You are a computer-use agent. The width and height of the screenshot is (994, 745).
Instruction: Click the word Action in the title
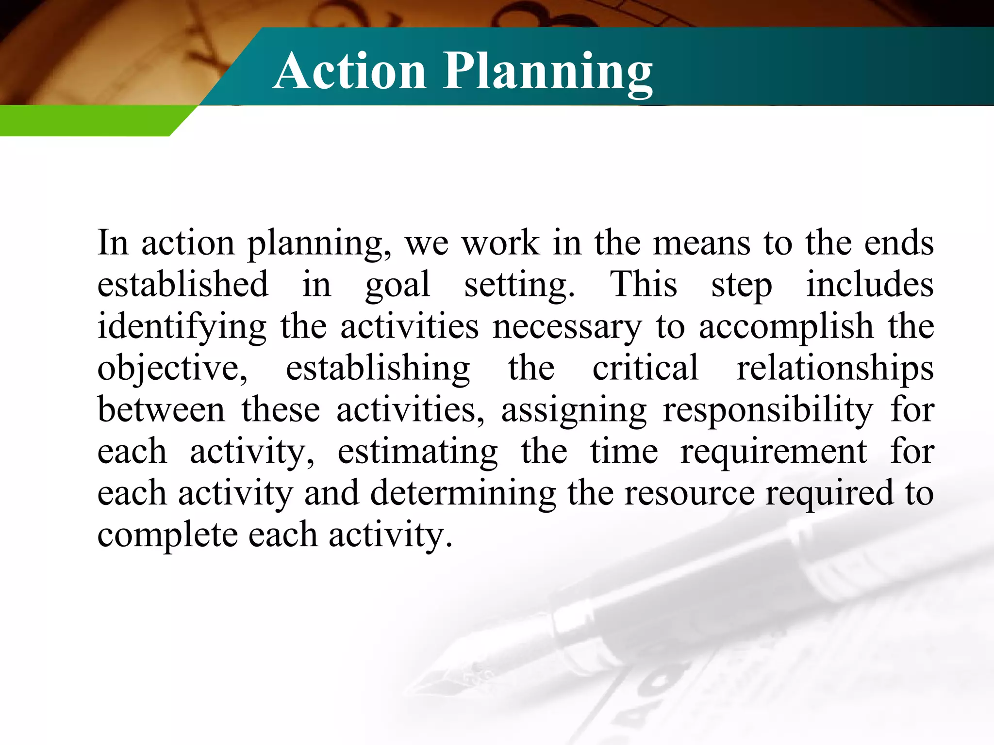coord(349,71)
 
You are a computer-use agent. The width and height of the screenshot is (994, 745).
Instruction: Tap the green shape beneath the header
coord(87,121)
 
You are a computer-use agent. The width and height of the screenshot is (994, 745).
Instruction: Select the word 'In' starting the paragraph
coord(113,243)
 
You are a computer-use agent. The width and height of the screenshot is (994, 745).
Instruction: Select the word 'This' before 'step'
coord(643,284)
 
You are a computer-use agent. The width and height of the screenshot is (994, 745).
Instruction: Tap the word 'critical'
coord(646,368)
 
